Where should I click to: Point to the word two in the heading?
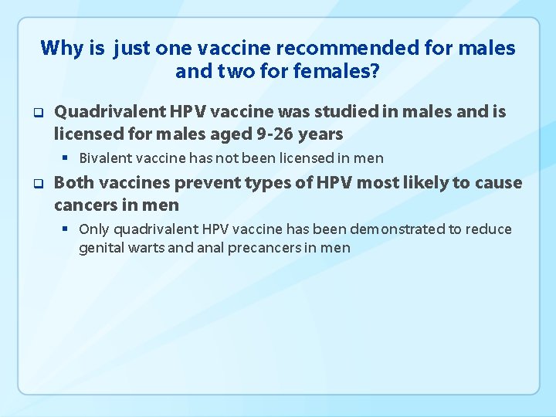point(229,73)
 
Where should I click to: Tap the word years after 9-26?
point(320,134)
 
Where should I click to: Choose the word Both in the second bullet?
point(73,183)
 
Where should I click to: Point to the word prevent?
point(200,183)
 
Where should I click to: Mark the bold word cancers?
point(84,205)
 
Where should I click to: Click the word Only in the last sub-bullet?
point(94,229)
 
